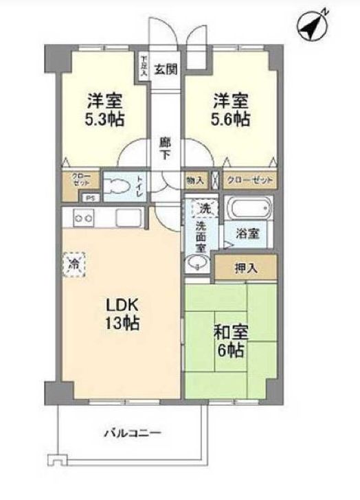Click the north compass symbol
[311, 26]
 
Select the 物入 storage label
[195, 181]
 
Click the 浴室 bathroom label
[248, 233]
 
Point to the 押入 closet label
[246, 268]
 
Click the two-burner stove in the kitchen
[84, 218]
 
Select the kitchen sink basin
[128, 218]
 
